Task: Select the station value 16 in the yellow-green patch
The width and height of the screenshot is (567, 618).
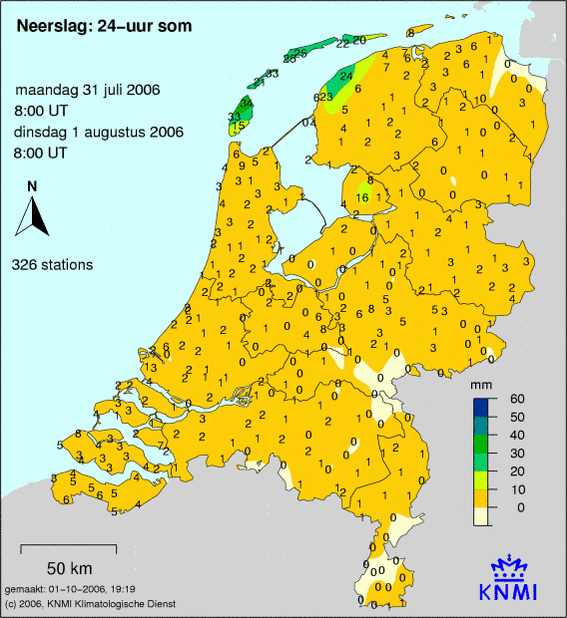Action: [x=362, y=198]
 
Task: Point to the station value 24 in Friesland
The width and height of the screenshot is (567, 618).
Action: [x=346, y=75]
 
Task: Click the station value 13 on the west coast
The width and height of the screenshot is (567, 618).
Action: [x=150, y=368]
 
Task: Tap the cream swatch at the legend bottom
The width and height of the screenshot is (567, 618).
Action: [x=481, y=515]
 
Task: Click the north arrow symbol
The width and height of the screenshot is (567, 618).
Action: [x=36, y=216]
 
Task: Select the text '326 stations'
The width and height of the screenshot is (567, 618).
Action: [x=53, y=265]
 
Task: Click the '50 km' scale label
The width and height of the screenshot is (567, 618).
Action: [x=69, y=568]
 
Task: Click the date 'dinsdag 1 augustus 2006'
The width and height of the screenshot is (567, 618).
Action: [x=87, y=134]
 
